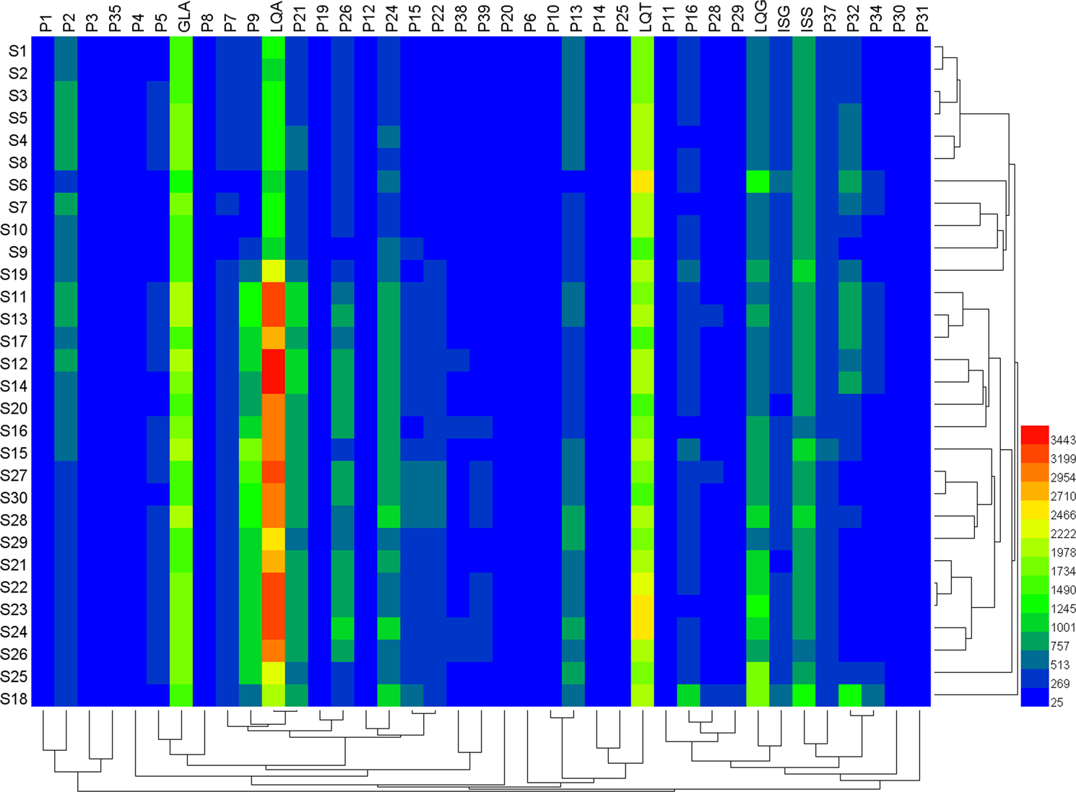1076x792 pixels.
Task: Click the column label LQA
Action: point(275,18)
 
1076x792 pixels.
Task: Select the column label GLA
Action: point(183,18)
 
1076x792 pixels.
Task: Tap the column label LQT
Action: point(644,18)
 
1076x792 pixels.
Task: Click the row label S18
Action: point(14,699)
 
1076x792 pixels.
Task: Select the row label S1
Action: point(18,51)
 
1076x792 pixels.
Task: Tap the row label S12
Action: point(14,363)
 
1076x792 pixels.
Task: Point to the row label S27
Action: point(14,475)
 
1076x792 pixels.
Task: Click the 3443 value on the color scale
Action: point(1063,440)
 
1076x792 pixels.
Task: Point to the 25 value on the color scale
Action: point(1057,702)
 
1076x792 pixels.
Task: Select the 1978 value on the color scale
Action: point(1063,552)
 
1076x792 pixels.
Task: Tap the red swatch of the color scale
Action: point(1034,435)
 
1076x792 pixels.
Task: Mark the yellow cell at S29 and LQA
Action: point(274,539)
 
